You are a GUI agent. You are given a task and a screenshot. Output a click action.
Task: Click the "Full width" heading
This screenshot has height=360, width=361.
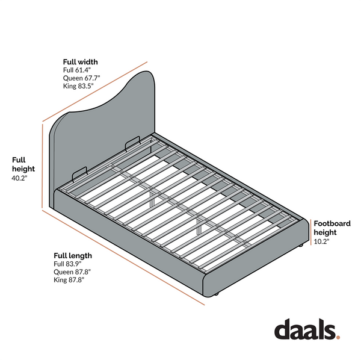[81, 62]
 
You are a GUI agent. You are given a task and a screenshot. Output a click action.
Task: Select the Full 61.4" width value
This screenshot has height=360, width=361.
[77, 70]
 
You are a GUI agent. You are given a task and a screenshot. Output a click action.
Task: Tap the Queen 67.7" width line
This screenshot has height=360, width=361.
[81, 78]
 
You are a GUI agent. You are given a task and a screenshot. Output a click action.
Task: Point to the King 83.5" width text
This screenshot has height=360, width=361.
[78, 86]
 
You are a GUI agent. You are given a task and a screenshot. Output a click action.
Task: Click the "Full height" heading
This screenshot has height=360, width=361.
[23, 164]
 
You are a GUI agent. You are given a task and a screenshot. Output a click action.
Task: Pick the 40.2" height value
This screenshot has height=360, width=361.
[19, 178]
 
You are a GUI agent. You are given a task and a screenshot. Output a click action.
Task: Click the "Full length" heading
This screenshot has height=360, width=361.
[73, 256]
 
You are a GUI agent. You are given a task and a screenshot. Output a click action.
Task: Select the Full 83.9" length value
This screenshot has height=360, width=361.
[67, 264]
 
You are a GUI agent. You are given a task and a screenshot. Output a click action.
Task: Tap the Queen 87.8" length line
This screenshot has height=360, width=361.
[72, 272]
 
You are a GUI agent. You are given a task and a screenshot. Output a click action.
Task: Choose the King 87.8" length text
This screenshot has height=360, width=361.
[69, 280]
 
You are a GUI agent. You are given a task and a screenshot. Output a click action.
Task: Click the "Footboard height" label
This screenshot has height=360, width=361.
[332, 228]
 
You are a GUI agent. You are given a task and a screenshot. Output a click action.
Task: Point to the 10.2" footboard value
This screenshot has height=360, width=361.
[321, 241]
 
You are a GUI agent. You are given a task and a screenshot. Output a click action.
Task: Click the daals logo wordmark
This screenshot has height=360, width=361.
[304, 329]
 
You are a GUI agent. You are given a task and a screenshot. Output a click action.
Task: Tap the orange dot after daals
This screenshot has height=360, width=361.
[338, 338]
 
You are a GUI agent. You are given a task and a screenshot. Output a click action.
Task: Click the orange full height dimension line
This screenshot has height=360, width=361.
[42, 166]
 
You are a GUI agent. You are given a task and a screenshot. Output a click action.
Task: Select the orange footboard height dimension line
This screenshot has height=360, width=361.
[311, 232]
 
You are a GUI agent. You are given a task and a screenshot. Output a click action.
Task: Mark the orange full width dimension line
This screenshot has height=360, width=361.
[95, 92]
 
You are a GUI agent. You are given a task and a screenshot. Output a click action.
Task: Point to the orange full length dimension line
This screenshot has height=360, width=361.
[123, 258]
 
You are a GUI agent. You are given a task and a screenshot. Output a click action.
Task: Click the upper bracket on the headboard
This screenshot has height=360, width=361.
[132, 143]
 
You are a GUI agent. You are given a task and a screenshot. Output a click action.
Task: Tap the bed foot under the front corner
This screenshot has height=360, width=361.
[216, 294]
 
